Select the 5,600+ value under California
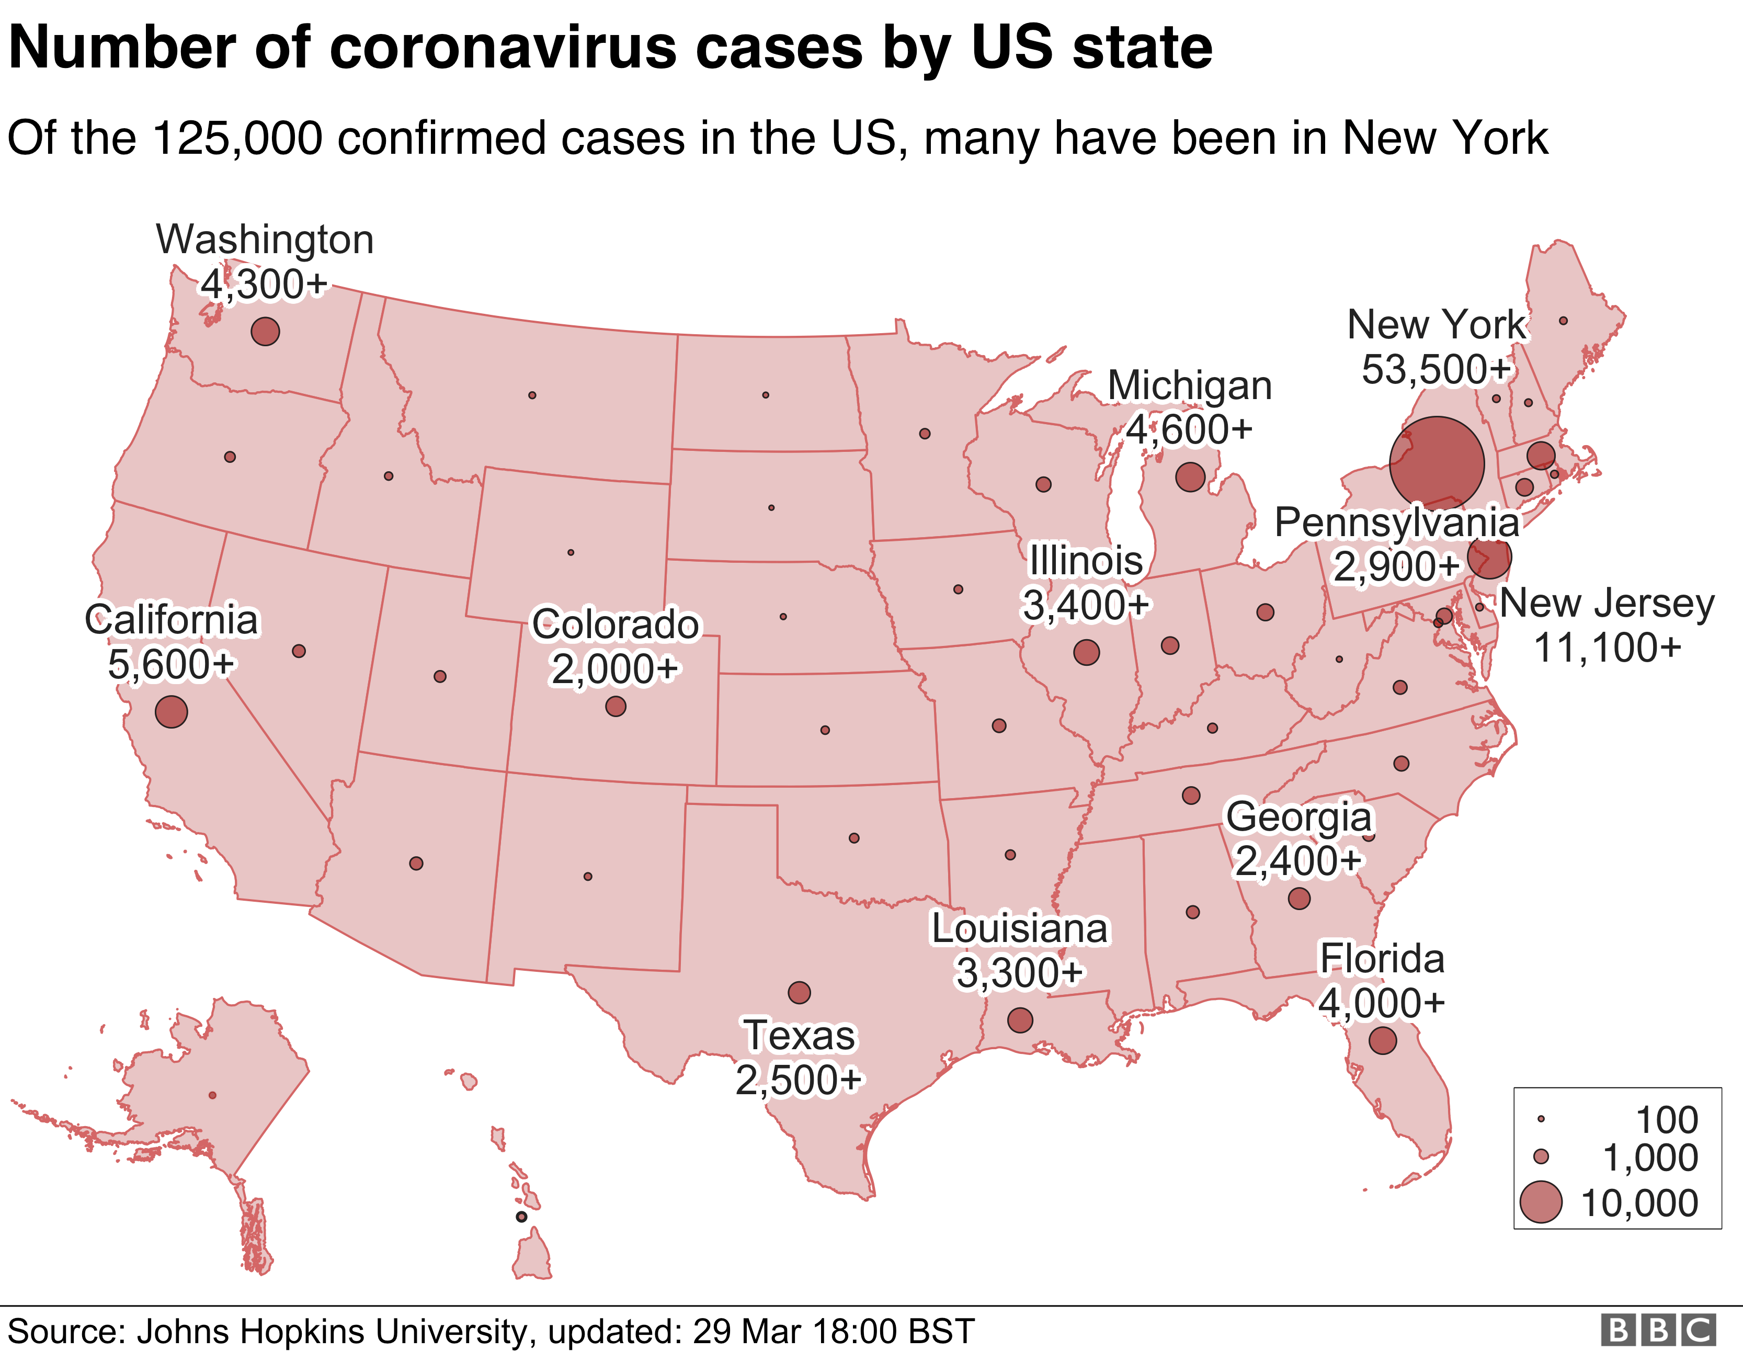(171, 664)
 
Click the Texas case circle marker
(799, 993)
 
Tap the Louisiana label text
(1019, 929)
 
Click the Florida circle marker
(1382, 1041)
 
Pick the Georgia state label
(1298, 817)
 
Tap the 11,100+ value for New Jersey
(1607, 648)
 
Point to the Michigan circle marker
(1190, 476)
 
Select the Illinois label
(1085, 561)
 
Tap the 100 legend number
(1666, 1120)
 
